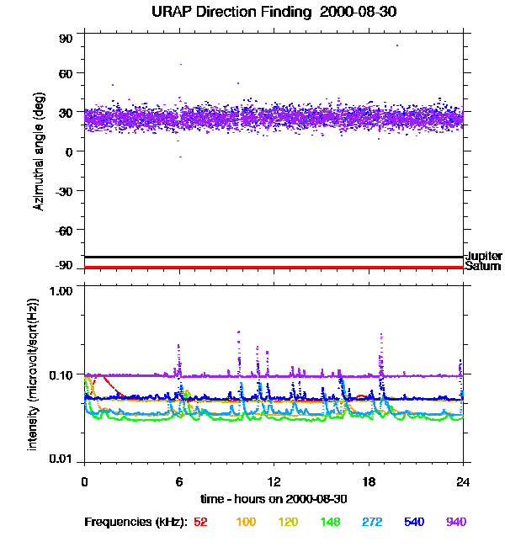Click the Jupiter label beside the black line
[x=484, y=256]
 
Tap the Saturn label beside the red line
[x=482, y=267]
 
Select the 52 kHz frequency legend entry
[x=200, y=522]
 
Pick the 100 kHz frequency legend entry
[x=246, y=522]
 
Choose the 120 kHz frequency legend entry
[x=289, y=522]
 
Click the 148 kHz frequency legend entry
[x=332, y=522]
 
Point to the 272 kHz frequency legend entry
[x=373, y=522]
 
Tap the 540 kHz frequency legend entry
[x=414, y=522]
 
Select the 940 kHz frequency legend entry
[x=456, y=522]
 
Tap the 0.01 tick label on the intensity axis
[x=61, y=459]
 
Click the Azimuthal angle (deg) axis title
[x=38, y=151]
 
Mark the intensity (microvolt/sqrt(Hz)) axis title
[x=34, y=373]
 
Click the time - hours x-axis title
[x=274, y=499]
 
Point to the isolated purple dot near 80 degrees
[x=397, y=45]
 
